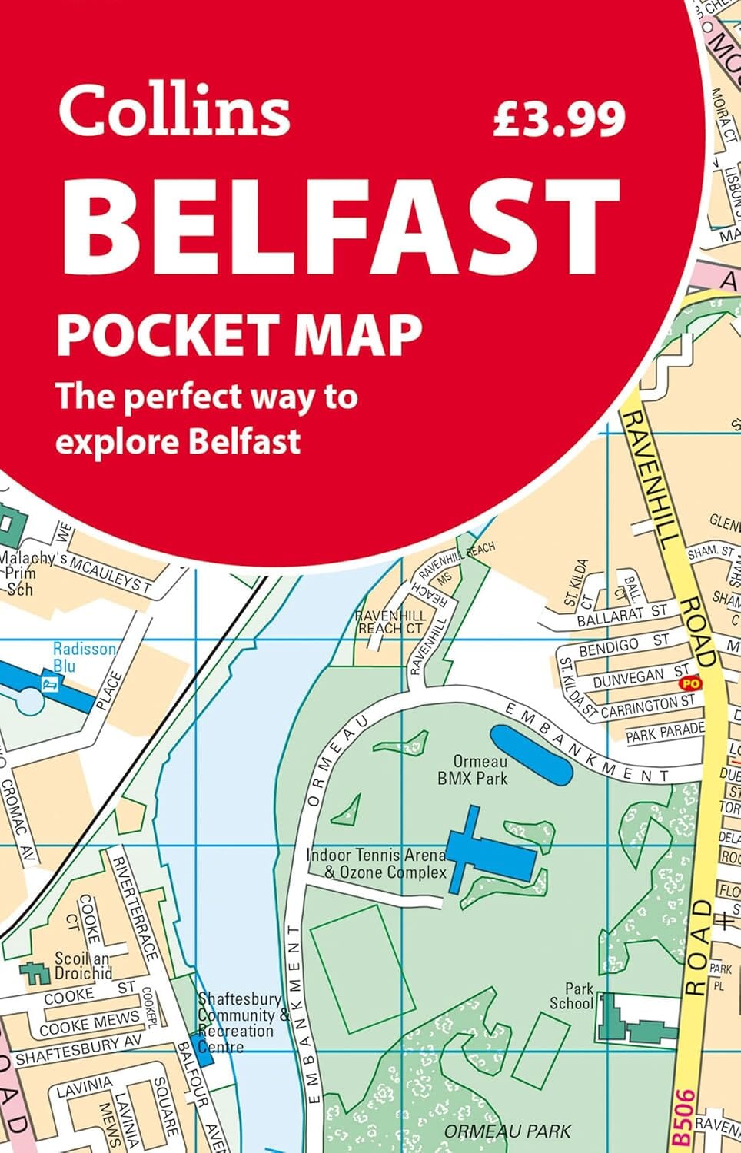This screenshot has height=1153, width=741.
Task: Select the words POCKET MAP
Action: click(240, 333)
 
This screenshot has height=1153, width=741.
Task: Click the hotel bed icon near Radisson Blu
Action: click(50, 683)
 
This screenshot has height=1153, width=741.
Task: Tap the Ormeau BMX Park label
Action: click(472, 770)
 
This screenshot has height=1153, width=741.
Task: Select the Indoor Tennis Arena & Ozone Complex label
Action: click(376, 863)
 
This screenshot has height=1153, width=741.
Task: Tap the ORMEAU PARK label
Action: click(508, 1131)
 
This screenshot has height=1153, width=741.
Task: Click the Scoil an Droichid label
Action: click(83, 965)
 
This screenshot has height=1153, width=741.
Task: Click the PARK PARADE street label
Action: click(664, 733)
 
